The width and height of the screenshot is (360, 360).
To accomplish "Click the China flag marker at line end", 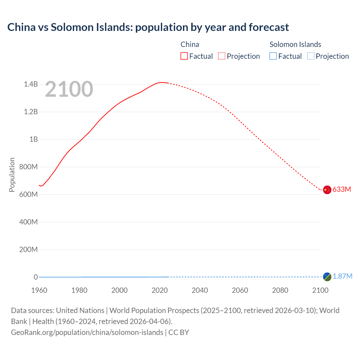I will pos(327,190).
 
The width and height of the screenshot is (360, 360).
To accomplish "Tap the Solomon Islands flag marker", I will pos(327,276).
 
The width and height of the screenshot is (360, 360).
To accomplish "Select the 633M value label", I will pos(342,189).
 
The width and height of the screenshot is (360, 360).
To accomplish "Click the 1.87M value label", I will pos(343,276).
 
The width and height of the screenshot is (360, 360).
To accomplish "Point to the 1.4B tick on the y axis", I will pos(31,84).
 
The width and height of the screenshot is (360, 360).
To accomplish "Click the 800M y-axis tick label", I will pos(28,167).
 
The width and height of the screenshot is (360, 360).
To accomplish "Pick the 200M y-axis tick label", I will pos(28,249).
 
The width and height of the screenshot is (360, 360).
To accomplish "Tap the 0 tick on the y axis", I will pos(36,277).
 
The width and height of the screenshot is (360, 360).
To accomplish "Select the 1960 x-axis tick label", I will pos(39,290).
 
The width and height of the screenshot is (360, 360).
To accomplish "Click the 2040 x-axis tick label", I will pos(200,290).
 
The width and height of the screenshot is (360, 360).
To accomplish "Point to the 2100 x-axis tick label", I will pos(320,290).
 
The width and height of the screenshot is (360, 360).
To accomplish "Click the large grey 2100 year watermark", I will pos(69,89).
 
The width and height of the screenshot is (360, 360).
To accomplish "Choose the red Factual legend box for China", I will pos(184,56).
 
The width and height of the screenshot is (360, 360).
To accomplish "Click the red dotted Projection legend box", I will pos(222,56).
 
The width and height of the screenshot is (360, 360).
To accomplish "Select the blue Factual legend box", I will pos(273,56).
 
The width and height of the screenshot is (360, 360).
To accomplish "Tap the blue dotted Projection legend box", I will pos(310,56).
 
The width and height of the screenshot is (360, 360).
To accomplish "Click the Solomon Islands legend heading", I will pos(295,44).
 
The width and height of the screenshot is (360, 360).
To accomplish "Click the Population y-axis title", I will pos(12,175).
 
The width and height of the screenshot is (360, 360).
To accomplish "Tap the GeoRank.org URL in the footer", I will pos(87,332).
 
